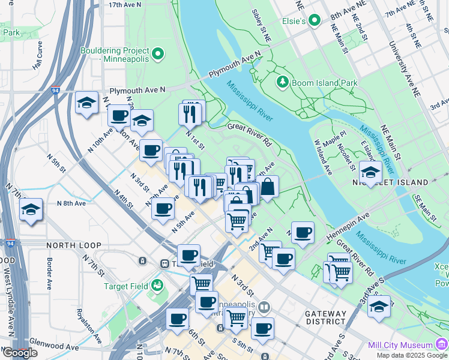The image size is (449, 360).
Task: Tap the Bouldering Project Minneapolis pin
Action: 158,55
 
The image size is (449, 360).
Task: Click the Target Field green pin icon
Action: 157,284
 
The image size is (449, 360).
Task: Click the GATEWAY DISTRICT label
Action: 325,319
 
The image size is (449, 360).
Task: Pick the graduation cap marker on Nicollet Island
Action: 370,172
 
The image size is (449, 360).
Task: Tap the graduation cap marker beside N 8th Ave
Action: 31,209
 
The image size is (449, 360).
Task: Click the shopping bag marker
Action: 268,186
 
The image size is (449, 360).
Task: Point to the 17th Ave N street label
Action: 125,4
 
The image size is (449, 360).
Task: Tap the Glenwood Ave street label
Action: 54,347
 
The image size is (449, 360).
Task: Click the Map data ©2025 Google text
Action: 411,355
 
